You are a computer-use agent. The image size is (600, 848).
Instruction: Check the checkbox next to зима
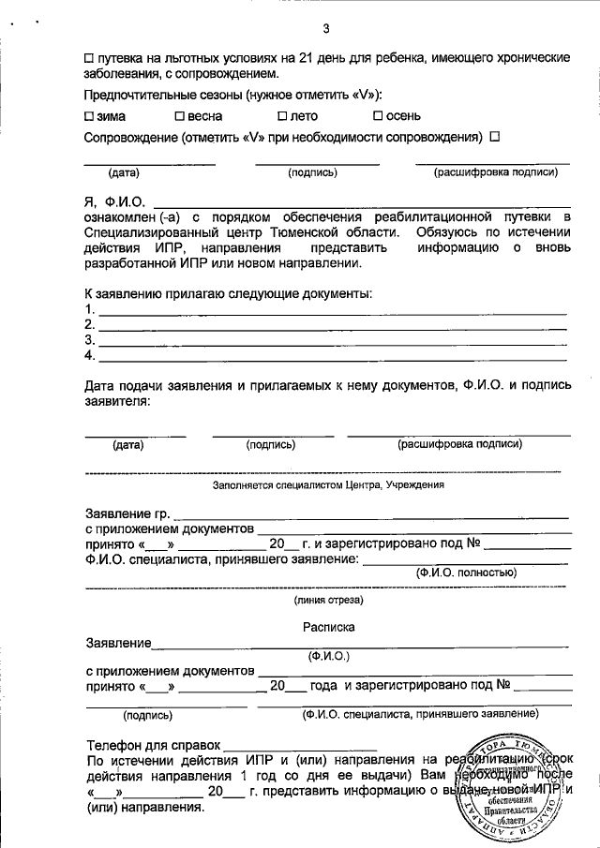89,116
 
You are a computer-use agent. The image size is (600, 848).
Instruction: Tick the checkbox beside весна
179,116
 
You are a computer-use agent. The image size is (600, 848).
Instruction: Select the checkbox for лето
282,116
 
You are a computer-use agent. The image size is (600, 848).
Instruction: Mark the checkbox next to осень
378,116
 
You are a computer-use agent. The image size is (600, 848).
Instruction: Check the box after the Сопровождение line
494,137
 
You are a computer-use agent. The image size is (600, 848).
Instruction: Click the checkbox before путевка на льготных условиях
89,57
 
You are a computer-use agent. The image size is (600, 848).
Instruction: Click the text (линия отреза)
328,600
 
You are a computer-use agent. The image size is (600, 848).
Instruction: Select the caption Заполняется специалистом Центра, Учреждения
328,485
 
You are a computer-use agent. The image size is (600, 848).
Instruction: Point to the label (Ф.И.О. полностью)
465,572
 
